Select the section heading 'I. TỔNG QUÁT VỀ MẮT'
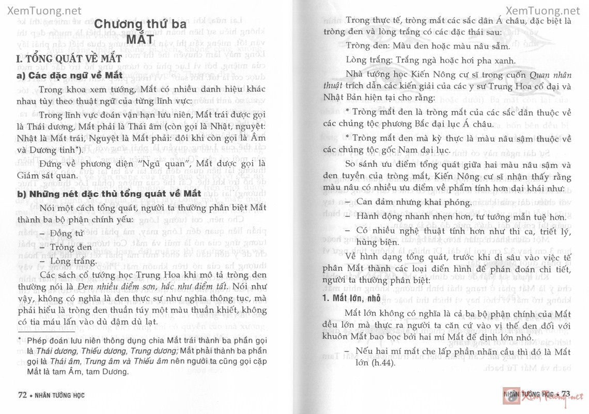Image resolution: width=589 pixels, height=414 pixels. [x=70, y=58]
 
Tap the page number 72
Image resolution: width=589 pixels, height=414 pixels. [x=22, y=395]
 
